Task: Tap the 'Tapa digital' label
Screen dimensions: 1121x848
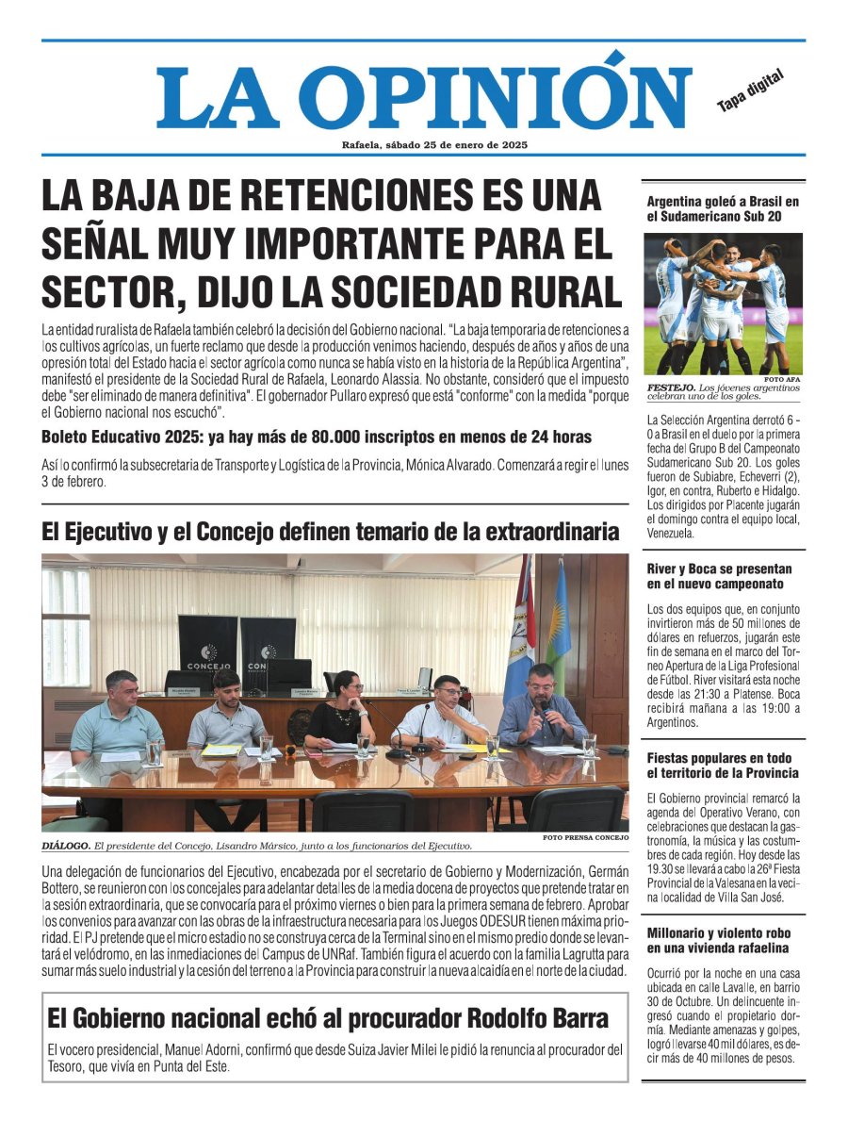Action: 750,92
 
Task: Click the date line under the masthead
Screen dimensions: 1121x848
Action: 434,144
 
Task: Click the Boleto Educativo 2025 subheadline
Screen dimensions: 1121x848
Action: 317,437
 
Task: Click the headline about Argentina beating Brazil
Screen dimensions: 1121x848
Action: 723,209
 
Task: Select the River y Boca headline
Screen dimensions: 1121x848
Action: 720,577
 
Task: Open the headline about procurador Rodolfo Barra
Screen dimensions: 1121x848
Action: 328,1018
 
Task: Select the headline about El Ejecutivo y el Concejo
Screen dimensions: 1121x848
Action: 330,533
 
